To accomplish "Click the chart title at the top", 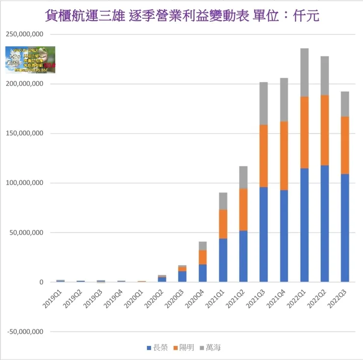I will pos(181,16).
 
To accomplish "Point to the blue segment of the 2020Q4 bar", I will pos(203,273).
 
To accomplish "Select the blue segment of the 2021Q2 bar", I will pos(243,256).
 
